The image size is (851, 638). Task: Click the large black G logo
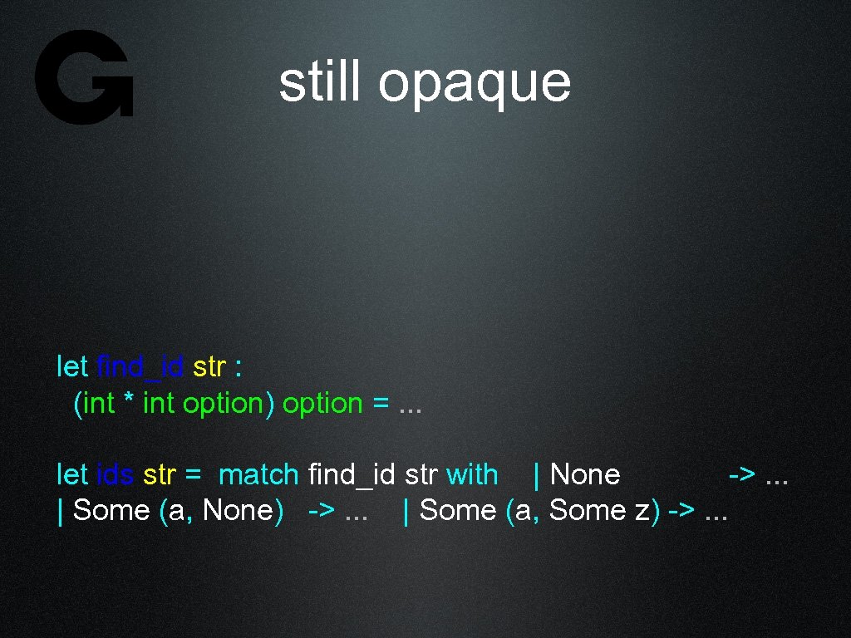coord(84,76)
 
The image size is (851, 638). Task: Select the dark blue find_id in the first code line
coord(140,366)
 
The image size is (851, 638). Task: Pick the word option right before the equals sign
coord(322,404)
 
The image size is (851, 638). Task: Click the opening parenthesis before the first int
coord(78,404)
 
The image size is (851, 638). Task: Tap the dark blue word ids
coord(116,474)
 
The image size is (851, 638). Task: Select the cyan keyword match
coord(258,474)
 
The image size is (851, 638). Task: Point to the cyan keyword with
coord(471,474)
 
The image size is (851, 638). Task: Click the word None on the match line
coord(585,474)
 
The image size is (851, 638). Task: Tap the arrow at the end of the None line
coord(741,475)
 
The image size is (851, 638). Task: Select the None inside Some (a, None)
coord(237,510)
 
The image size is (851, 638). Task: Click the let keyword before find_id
coord(72,366)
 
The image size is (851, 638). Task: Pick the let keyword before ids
coord(72,474)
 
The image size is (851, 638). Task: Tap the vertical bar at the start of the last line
coord(60,511)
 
